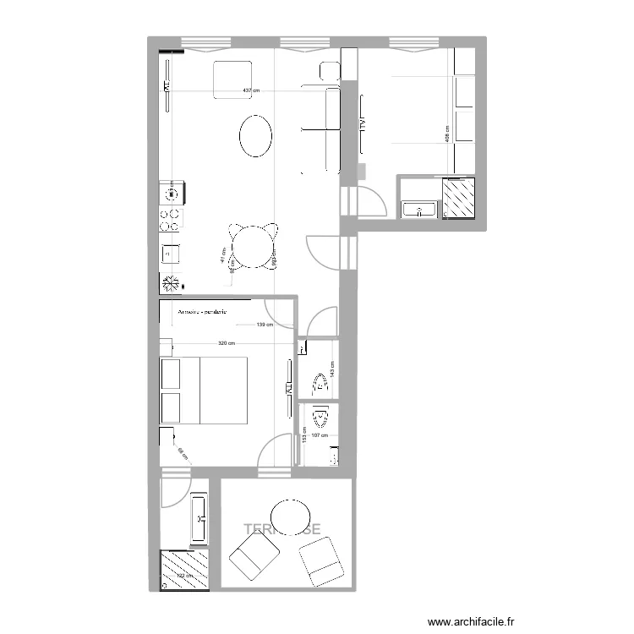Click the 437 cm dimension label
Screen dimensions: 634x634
[250, 90]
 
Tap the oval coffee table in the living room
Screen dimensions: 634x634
[255, 135]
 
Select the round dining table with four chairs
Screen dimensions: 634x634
[253, 247]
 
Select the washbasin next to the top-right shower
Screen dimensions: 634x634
[420, 208]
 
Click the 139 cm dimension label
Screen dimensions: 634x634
[265, 325]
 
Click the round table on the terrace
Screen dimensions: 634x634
[290, 516]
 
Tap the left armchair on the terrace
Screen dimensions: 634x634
[254, 560]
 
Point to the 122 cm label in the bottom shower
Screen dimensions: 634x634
[183, 577]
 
